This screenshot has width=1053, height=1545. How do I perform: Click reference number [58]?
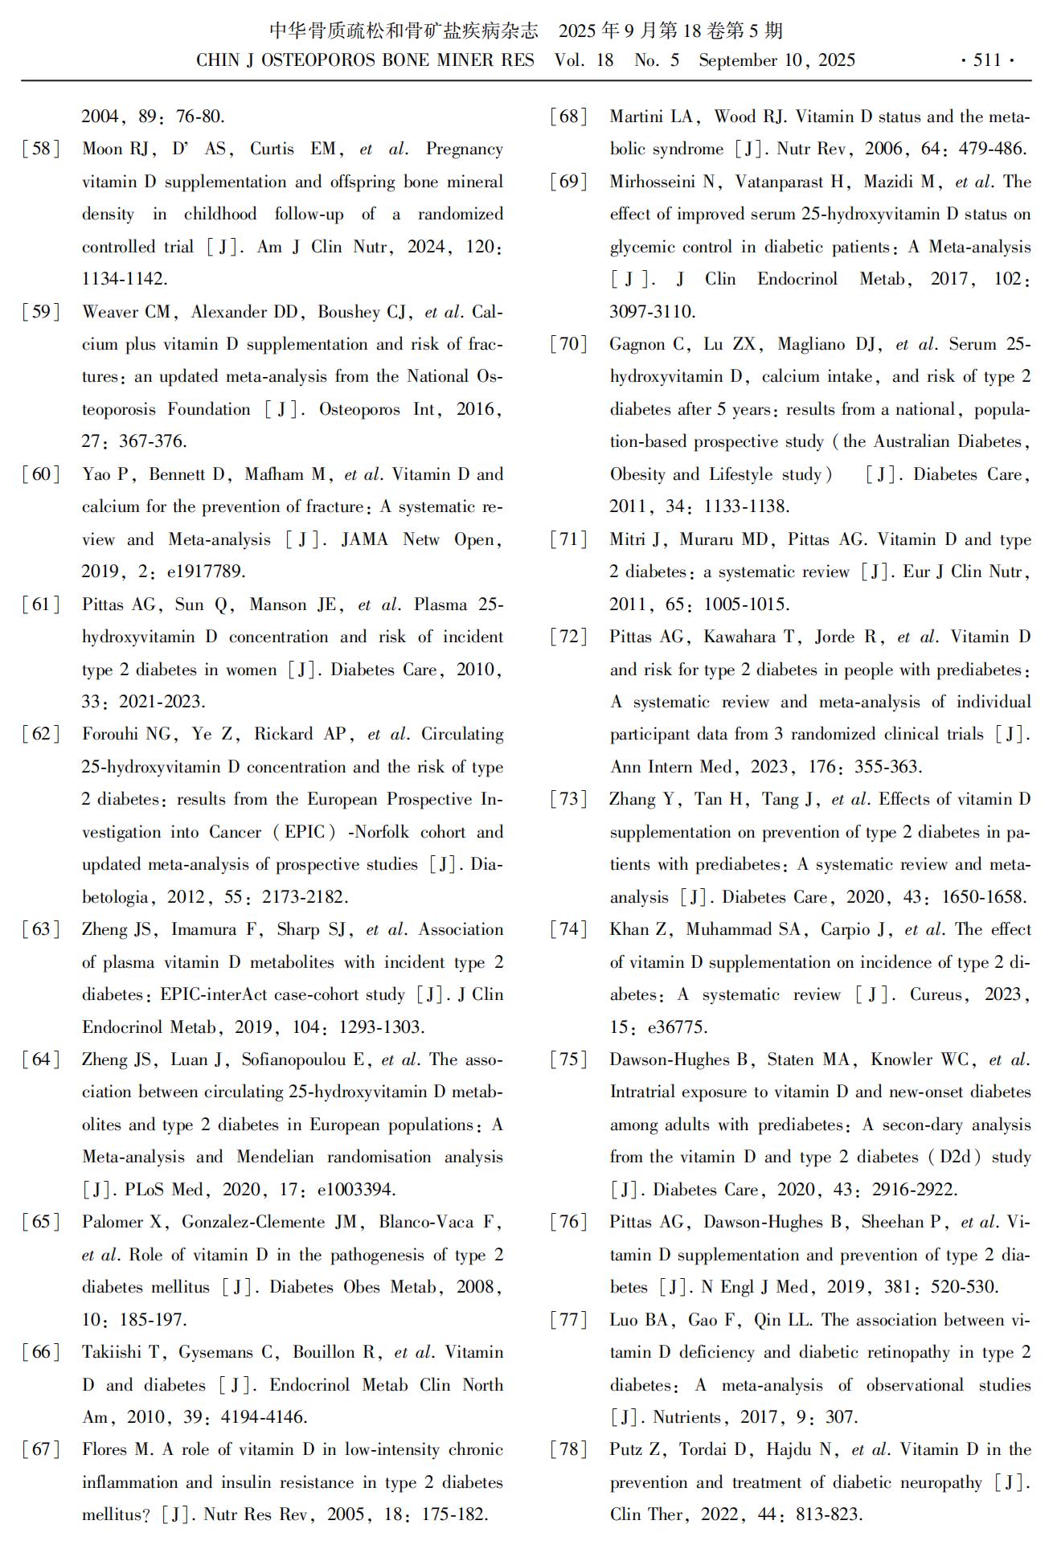click(x=41, y=150)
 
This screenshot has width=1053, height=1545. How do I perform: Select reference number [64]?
click(x=41, y=1060)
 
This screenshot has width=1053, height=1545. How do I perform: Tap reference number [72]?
click(x=569, y=637)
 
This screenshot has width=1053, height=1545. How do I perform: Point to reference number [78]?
click(x=569, y=1450)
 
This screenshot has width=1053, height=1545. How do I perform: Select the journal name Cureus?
click(x=935, y=995)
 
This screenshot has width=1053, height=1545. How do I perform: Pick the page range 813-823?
click(x=828, y=1515)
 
